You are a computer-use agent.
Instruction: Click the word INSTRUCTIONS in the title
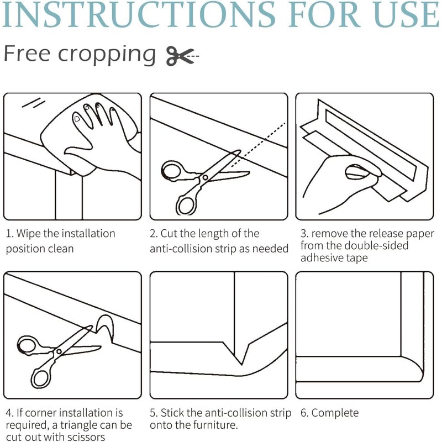(139, 15)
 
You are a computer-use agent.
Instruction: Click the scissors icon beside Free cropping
(182, 56)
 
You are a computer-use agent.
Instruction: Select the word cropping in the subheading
(107, 54)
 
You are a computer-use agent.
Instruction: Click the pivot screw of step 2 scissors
(205, 177)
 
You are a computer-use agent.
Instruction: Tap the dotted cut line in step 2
(258, 144)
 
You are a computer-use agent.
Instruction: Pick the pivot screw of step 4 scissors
(59, 351)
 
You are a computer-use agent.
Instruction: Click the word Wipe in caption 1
(29, 234)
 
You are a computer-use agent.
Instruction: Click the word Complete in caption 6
(335, 413)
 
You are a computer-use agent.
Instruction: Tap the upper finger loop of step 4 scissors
(28, 345)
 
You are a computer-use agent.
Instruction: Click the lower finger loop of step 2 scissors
(186, 204)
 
